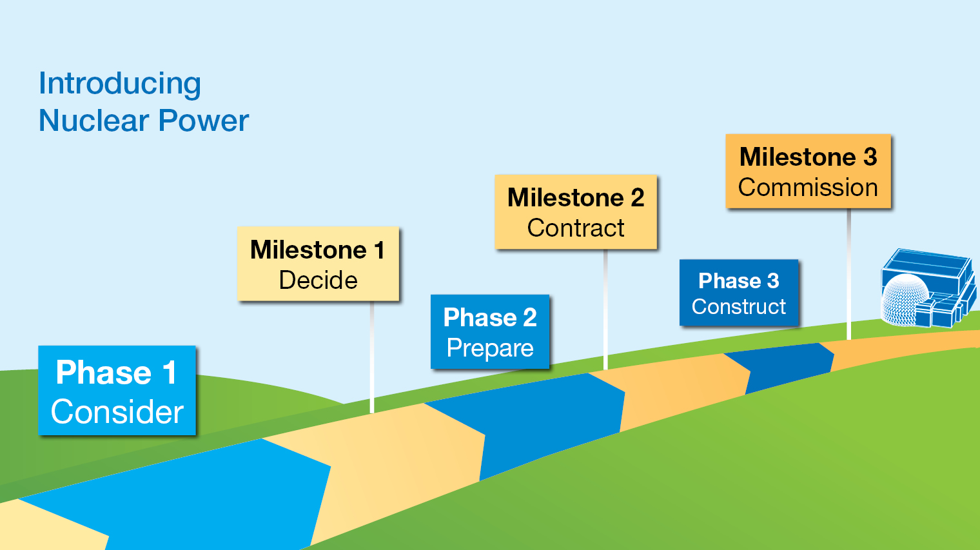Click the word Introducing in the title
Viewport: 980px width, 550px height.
pyautogui.click(x=120, y=84)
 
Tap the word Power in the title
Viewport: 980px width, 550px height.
pyautogui.click(x=204, y=121)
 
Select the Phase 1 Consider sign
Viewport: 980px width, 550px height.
pyautogui.click(x=117, y=391)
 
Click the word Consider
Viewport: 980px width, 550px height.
pyautogui.click(x=117, y=412)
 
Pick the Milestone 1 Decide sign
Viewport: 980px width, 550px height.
pyautogui.click(x=318, y=264)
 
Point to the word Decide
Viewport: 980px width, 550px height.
pyautogui.click(x=318, y=280)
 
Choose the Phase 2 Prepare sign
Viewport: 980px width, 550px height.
pyautogui.click(x=490, y=331)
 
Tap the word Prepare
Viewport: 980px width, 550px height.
pyautogui.click(x=490, y=348)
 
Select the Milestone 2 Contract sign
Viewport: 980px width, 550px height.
pyautogui.click(x=576, y=211)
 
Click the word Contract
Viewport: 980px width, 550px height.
pyautogui.click(x=576, y=228)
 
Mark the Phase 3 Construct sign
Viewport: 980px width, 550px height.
pyautogui.click(x=739, y=293)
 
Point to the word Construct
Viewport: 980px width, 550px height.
pyautogui.click(x=739, y=307)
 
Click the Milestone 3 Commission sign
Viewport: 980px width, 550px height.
pyautogui.click(x=808, y=171)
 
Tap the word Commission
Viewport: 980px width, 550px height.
pyautogui.click(x=808, y=188)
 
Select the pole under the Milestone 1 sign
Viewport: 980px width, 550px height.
pyautogui.click(x=372, y=358)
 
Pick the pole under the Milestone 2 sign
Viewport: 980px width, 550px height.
pyautogui.click(x=605, y=309)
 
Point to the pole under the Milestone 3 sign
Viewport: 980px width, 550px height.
pyautogui.click(x=848, y=274)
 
